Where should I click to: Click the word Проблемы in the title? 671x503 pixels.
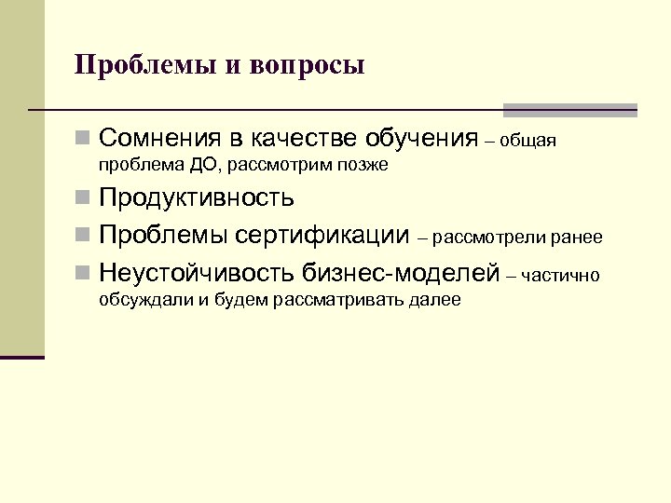pos(139,66)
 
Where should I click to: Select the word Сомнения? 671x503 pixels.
pos(159,140)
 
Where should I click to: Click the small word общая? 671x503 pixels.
pos(528,143)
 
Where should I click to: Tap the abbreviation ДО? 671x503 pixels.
pos(202,166)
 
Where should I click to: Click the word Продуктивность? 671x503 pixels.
pos(197,197)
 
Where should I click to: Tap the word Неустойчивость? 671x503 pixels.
pos(197,273)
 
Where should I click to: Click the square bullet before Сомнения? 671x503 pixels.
pos(84,140)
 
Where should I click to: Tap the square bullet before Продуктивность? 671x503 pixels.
pos(84,198)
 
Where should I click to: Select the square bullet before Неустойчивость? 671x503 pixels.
pos(84,274)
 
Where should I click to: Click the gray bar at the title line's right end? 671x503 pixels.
pos(569,110)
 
